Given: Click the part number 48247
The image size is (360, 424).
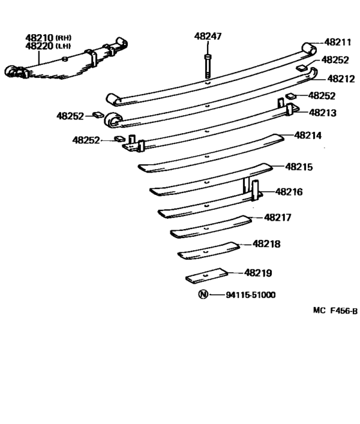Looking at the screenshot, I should coord(208,37).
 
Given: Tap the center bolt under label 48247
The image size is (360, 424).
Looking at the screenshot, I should coord(206,64).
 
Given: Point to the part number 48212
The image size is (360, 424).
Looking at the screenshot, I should coord(341,78).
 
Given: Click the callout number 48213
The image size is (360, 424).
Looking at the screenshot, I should coord(322,111).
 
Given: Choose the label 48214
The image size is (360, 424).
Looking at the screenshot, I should coord(308,136).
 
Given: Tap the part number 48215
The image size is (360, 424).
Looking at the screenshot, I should coord(299,167).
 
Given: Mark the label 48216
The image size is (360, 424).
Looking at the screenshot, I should coord(289,191).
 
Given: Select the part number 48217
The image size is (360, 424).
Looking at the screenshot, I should coord(278,217).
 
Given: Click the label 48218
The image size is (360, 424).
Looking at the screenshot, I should coord(266,244).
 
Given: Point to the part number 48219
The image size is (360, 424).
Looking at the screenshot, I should coord(258,273).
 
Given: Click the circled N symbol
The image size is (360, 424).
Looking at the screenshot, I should coord(203,295).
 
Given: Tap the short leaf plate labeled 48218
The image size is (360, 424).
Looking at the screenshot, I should coord(208,250).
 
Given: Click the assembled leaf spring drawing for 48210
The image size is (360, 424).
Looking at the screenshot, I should coord(64,66).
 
